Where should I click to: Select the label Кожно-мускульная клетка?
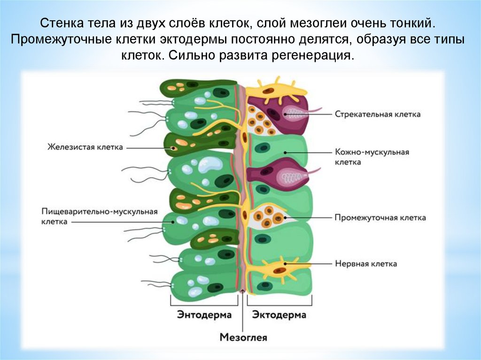[372, 157]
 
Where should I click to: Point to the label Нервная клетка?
[365, 264]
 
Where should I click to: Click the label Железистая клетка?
[85, 147]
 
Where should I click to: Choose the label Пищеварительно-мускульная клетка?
[99, 216]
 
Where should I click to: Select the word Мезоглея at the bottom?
[243, 337]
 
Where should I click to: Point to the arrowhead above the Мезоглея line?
[243, 292]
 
